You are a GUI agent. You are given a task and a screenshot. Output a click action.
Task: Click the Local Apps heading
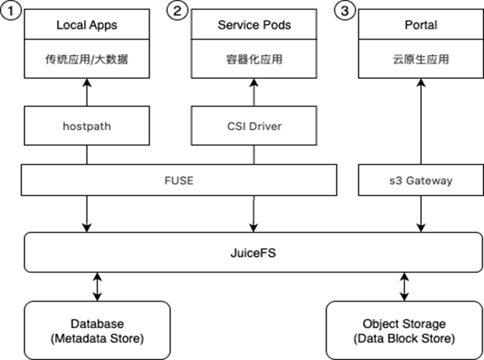[86, 25]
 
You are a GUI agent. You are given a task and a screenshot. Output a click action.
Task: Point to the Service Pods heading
[254, 25]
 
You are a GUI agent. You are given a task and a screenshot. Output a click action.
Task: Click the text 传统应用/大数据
[86, 59]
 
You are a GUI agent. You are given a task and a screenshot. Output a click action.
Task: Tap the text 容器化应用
[254, 59]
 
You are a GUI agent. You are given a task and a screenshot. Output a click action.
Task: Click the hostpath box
[86, 126]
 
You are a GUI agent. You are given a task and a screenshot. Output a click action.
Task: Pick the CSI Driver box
[254, 126]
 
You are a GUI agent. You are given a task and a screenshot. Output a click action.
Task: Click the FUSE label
[179, 180]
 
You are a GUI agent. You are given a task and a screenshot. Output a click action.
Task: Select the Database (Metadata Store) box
[97, 330]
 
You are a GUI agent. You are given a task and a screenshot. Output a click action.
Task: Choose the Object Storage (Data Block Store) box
[404, 330]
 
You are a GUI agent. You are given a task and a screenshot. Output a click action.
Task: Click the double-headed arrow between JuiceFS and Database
[97, 286]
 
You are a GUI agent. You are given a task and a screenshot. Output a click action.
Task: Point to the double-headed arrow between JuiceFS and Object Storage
[404, 286]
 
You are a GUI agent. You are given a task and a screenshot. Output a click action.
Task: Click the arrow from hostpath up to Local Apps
[86, 92]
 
